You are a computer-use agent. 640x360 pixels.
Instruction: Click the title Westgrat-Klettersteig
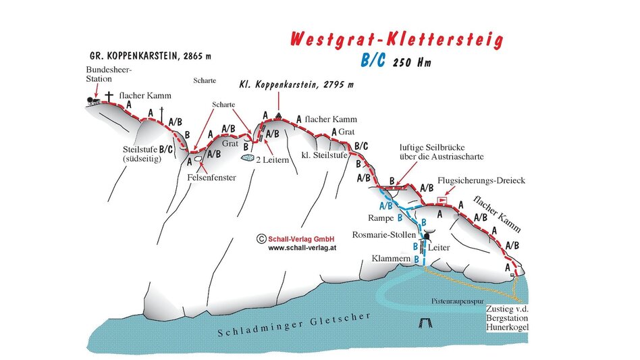(x=397, y=40)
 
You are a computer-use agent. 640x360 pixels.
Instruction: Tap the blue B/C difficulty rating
(x=373, y=61)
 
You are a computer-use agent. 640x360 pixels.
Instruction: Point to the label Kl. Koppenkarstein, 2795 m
(x=296, y=85)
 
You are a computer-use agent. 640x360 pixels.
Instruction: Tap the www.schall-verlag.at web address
(x=302, y=248)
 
